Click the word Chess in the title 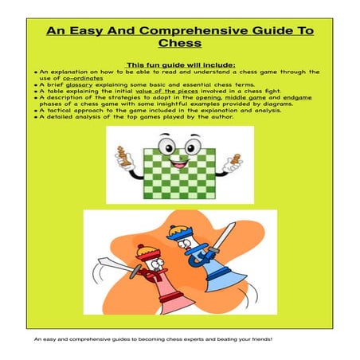point(179,44)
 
